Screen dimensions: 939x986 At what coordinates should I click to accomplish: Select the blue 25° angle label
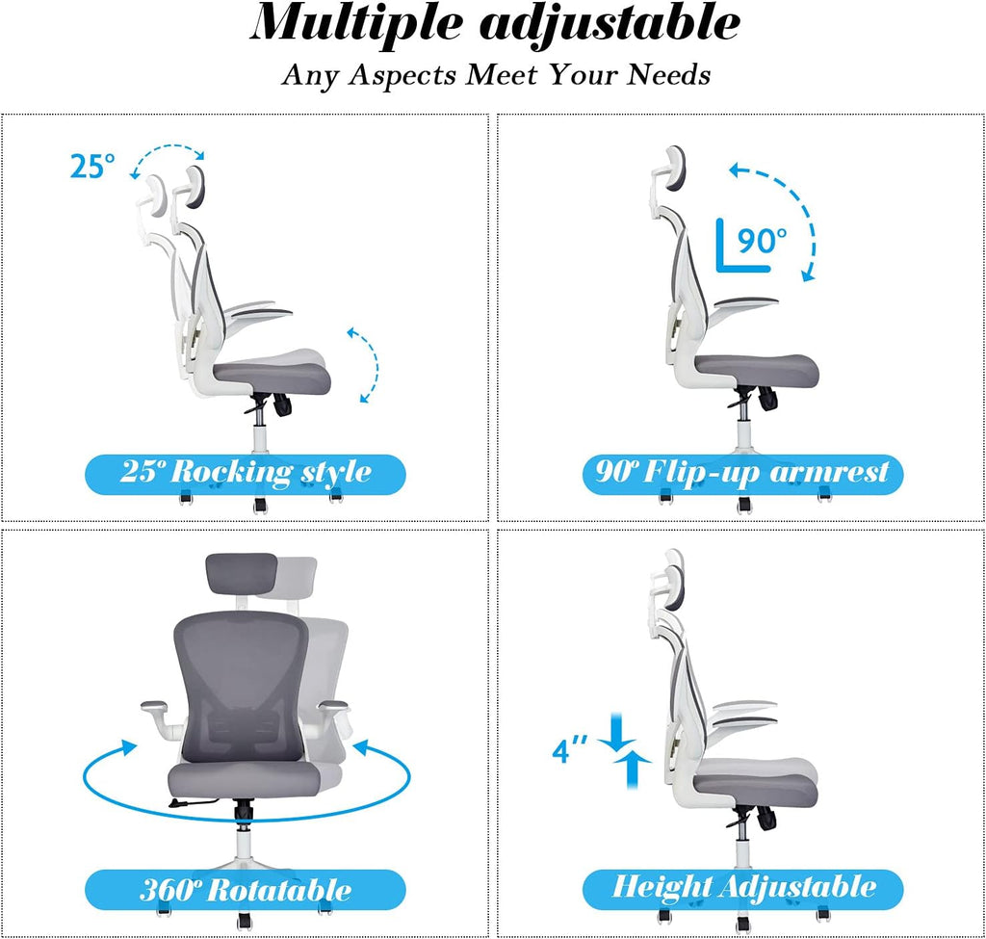coord(92,167)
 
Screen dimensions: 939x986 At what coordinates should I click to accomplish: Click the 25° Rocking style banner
coord(246,473)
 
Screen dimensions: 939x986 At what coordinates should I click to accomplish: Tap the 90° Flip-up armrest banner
coord(742,473)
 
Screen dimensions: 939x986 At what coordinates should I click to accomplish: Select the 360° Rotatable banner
coord(246,889)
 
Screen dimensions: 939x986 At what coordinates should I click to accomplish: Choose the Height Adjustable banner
coord(743,887)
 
